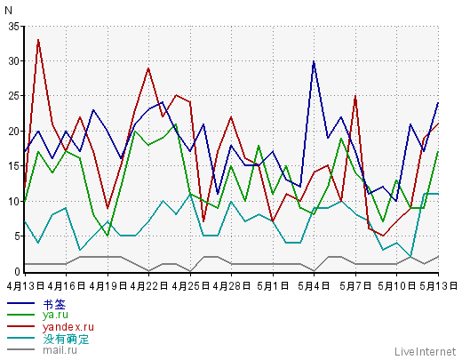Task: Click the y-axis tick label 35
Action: [13, 27]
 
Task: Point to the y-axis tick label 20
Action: [13, 132]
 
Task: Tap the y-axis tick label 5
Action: [17, 236]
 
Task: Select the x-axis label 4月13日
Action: [25, 286]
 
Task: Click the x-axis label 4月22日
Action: [149, 286]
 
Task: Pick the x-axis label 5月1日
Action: [273, 286]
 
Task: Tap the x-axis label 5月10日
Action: [396, 286]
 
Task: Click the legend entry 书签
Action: [54, 305]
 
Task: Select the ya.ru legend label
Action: [55, 315]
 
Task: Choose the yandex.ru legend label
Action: [68, 327]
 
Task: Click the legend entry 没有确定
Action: [66, 339]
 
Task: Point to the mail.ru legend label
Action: [60, 350]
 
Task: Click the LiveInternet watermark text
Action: [425, 352]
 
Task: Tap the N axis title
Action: [8, 11]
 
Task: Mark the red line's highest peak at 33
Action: [38, 40]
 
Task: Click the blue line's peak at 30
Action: [314, 61]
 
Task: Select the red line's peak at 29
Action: [148, 68]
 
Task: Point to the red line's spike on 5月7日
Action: [355, 96]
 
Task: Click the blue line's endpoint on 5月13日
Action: [438, 103]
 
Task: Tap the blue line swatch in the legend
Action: [20, 303]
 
